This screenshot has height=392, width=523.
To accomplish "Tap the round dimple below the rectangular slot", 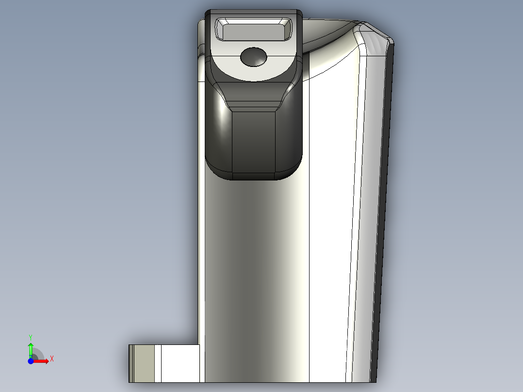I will point(254,57).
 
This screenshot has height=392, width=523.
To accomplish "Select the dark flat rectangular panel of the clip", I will point(254,141).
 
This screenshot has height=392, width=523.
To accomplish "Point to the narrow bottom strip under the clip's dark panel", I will point(254,176).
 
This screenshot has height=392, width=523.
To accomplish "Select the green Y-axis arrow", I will point(31,349).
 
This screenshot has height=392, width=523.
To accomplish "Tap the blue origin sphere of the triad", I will point(31,361).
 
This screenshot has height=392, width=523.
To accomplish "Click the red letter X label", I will point(51,359).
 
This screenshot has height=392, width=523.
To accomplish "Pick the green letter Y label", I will point(31,337).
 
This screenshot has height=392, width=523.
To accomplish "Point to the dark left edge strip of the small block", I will point(131,363).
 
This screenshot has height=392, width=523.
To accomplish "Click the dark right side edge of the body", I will point(386,194).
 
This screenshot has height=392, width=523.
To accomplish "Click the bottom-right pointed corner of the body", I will point(375,380).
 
